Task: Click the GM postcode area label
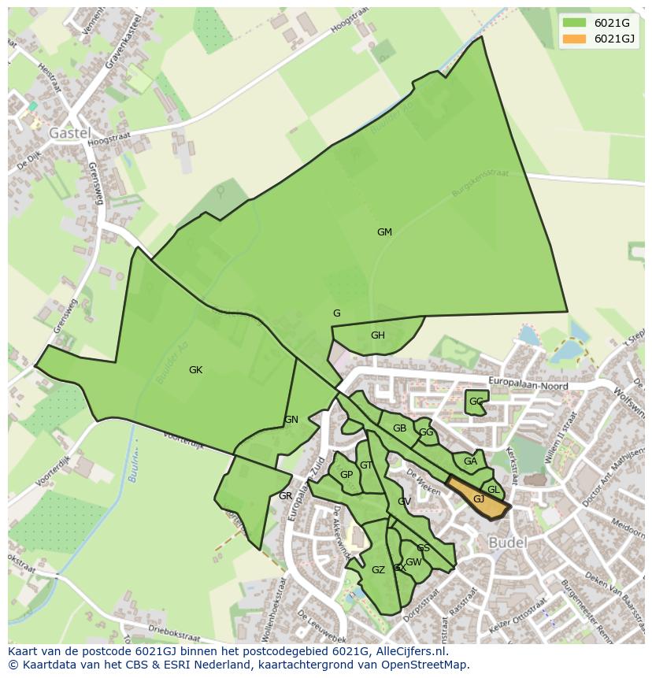[384, 232]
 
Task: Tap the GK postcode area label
[195, 370]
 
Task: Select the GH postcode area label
[378, 335]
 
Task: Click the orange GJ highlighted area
[479, 499]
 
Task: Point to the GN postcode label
[291, 420]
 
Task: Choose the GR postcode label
[285, 496]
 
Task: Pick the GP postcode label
[346, 475]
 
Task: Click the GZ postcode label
[378, 570]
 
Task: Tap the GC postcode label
[476, 402]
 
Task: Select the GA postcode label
[470, 461]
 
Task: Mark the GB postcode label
[399, 428]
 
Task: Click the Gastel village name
[70, 133]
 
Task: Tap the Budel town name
[507, 543]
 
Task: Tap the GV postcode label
[404, 502]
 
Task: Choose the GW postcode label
[413, 562]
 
